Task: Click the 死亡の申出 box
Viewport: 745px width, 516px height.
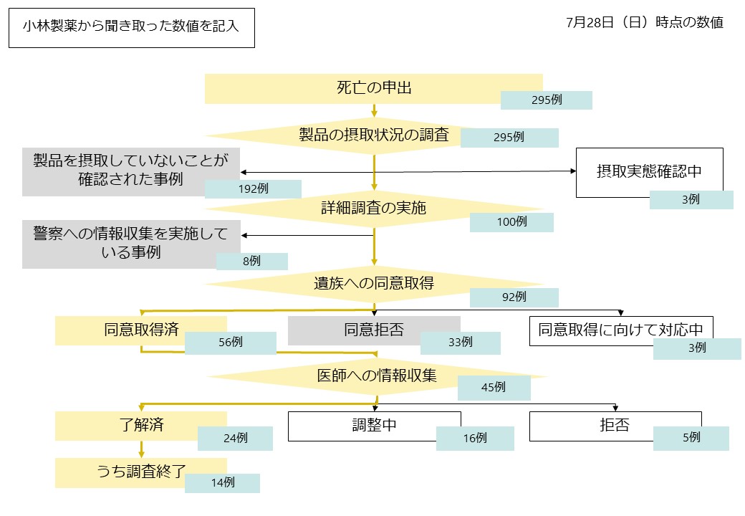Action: click(x=373, y=88)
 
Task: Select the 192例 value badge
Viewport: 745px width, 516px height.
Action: click(x=253, y=189)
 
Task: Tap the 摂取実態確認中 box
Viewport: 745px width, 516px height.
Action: click(x=649, y=172)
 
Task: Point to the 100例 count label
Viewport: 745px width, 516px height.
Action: click(x=511, y=222)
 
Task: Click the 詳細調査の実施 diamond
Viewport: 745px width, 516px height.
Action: click(x=373, y=209)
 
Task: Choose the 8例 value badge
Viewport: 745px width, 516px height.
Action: click(x=251, y=262)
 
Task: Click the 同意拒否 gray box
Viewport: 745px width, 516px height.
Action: click(x=373, y=330)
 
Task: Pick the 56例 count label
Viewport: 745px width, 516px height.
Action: click(x=230, y=343)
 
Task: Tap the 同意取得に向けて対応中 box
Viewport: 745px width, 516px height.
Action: click(x=620, y=330)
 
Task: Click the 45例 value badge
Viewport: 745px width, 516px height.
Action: click(x=494, y=388)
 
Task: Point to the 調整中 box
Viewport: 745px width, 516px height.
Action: click(x=374, y=426)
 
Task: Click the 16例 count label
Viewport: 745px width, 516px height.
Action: click(x=474, y=438)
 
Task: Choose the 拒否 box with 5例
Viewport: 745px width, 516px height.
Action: click(x=615, y=426)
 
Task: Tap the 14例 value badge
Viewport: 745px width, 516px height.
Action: click(x=222, y=483)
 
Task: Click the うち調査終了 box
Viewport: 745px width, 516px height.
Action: click(x=141, y=472)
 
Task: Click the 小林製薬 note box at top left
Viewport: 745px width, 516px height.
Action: click(x=131, y=28)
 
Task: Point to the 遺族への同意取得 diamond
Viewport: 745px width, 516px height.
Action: click(x=373, y=283)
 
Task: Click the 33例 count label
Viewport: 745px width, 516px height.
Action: click(x=460, y=343)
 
